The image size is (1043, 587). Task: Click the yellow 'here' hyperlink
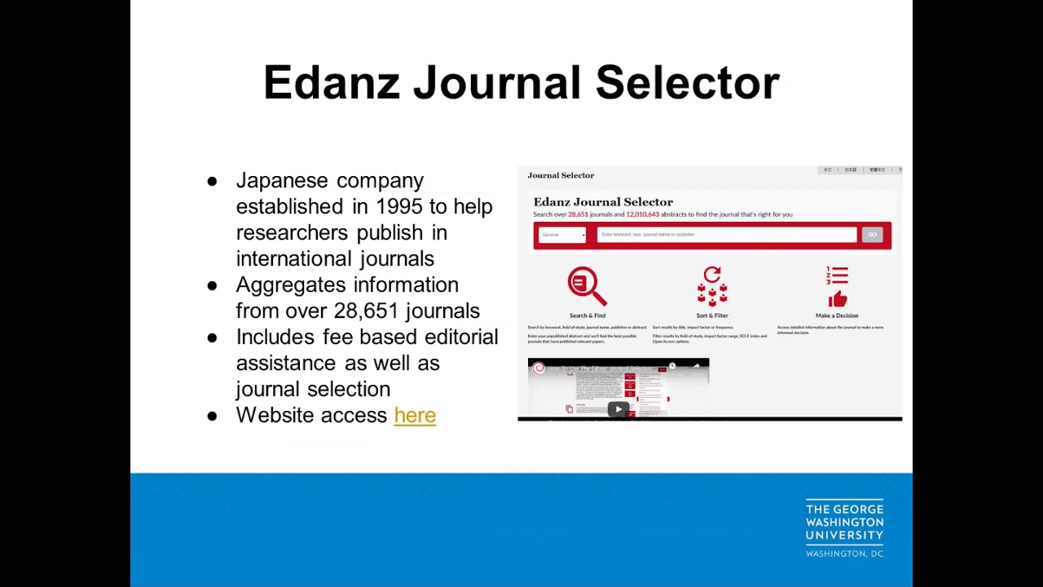(415, 415)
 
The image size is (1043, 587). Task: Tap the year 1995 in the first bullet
(399, 206)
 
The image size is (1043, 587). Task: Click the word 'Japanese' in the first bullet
(282, 180)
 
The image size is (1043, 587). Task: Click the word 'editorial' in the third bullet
(461, 337)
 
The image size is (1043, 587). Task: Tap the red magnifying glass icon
(587, 285)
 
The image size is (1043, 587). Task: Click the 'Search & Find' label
(588, 316)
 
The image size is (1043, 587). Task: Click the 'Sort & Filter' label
(712, 316)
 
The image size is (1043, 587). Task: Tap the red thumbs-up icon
(838, 298)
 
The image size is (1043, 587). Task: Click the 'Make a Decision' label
(837, 316)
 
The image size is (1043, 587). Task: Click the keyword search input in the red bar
(726, 235)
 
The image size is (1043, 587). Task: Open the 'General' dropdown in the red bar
(562, 235)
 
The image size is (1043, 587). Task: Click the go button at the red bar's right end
(872, 235)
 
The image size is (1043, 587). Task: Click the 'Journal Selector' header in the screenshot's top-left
(561, 175)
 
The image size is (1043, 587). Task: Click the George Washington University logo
(844, 528)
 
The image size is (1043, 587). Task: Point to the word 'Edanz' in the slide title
(332, 83)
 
